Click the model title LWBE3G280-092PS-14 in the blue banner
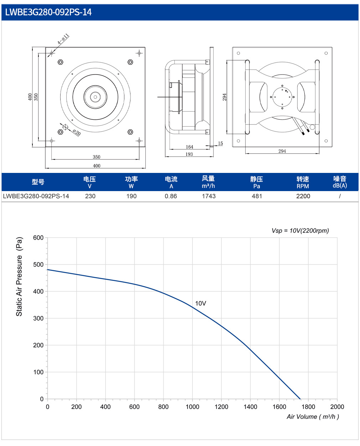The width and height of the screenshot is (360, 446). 48,12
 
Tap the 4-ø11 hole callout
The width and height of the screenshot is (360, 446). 63,39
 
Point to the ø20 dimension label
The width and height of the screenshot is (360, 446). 77,132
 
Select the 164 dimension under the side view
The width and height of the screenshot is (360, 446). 189,147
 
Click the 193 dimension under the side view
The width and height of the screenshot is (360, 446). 189,154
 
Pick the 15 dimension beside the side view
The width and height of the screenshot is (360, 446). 220,143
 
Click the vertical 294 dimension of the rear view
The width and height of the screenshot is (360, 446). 224,97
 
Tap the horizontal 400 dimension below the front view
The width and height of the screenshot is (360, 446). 97,166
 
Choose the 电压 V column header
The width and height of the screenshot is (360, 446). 89,182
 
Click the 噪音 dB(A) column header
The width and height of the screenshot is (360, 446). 340,182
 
